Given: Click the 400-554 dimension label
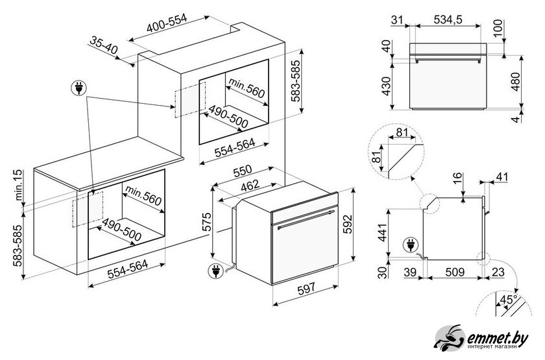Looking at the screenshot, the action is tap(167, 23).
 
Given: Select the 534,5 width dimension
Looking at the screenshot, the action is tap(448, 20).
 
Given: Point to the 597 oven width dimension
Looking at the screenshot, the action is tap(306, 288).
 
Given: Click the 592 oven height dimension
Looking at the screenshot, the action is tap(348, 224).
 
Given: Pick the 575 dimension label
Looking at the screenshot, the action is tap(206, 221).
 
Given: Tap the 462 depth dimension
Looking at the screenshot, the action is tap(250, 185).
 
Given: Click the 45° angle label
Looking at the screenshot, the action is tap(508, 300).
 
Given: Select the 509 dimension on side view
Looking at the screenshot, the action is tap(454, 272).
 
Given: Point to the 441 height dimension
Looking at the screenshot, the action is tap(382, 233).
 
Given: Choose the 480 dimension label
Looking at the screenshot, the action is tap(515, 81).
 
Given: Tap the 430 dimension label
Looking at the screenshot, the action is tap(387, 86).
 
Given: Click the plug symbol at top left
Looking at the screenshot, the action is tap(79, 88).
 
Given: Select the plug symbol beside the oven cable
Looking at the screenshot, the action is tap(215, 271).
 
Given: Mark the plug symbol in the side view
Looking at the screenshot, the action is tap(411, 245).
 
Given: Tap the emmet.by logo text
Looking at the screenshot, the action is tap(498, 338).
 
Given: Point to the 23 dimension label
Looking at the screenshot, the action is tap(498, 272).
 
